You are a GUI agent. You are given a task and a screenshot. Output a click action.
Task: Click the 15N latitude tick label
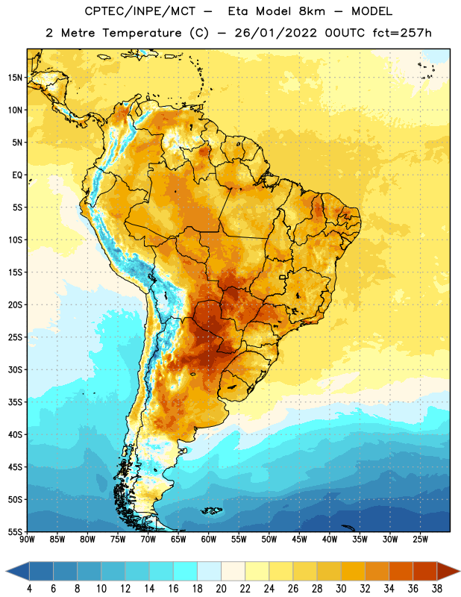(15, 78)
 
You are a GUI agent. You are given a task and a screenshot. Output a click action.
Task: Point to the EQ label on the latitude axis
(17, 175)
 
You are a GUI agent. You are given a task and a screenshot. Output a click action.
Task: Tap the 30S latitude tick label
(15, 369)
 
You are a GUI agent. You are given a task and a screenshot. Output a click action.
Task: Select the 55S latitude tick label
(15, 532)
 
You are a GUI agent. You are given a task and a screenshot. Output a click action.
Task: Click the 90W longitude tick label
(27, 540)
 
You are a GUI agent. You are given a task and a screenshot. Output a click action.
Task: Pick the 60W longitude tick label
(209, 540)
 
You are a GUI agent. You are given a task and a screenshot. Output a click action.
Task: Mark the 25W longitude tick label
(420, 540)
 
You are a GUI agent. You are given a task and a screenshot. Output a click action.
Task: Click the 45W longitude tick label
(299, 540)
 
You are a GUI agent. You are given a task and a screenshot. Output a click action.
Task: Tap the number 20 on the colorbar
(221, 589)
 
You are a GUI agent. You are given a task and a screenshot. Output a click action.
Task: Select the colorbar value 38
(436, 589)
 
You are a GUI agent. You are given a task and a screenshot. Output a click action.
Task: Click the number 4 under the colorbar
(29, 589)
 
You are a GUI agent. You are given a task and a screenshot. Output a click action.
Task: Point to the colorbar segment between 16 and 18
(186, 571)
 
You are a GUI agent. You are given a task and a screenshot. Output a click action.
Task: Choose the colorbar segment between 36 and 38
(425, 571)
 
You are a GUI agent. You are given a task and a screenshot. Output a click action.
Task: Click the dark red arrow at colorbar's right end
(448, 571)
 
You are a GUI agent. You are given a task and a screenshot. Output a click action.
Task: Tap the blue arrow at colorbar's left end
(18, 571)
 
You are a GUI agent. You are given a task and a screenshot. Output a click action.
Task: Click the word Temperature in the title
(142, 33)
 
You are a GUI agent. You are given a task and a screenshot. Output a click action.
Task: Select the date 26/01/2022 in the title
(275, 33)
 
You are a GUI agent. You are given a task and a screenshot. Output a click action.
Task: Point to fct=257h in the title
(402, 33)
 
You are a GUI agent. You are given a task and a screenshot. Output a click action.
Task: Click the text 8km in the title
(312, 11)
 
